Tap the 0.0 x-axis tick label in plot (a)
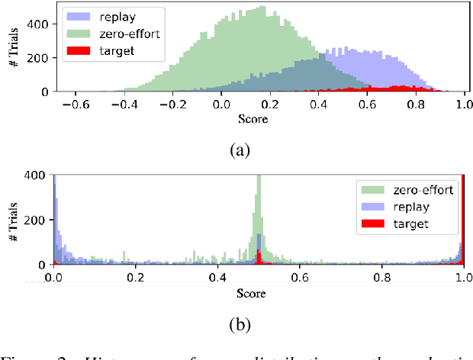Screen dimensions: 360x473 point(220,105)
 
